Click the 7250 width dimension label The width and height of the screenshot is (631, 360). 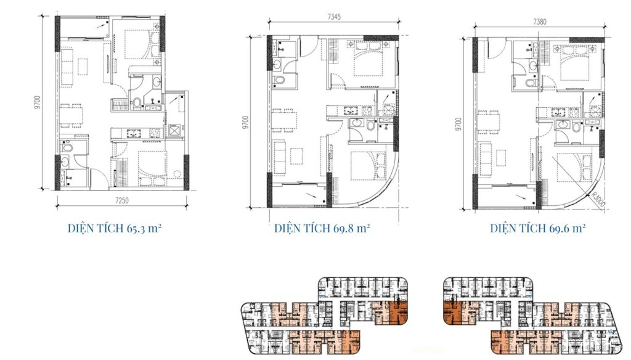120,201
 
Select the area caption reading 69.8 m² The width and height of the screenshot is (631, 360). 322,229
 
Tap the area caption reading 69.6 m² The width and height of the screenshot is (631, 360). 537,229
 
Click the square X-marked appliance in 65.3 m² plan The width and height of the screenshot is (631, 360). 174,130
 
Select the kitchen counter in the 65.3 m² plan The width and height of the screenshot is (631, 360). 136,131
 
